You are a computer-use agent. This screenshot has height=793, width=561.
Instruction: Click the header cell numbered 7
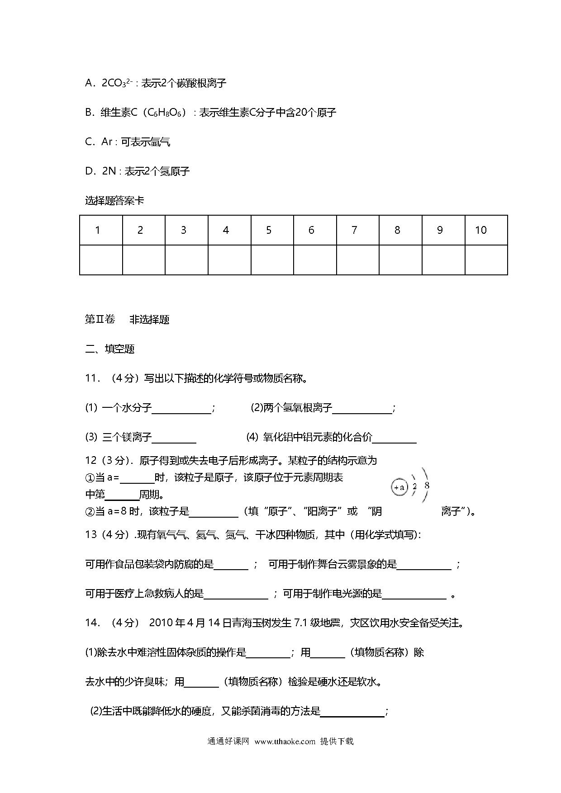[354, 230]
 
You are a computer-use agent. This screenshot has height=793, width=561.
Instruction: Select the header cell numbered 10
[481, 230]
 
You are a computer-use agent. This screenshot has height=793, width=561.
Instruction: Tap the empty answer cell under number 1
[101, 260]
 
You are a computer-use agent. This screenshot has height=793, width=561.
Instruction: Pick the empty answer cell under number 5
[272, 260]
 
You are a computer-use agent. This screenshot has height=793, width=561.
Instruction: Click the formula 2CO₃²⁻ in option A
[117, 83]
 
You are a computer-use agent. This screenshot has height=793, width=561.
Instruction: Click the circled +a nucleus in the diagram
[399, 487]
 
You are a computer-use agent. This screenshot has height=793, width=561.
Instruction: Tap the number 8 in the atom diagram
[427, 486]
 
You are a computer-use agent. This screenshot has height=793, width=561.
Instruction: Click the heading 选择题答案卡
[114, 200]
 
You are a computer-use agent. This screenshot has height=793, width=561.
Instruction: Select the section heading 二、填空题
[110, 349]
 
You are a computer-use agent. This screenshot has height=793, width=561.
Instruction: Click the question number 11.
[92, 378]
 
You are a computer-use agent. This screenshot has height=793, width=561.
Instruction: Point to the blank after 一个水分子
[181, 409]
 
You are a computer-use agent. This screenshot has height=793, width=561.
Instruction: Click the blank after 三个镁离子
[174, 438]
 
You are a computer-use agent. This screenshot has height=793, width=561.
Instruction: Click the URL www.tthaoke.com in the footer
[285, 741]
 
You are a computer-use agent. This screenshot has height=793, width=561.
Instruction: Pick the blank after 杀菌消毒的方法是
[352, 712]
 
